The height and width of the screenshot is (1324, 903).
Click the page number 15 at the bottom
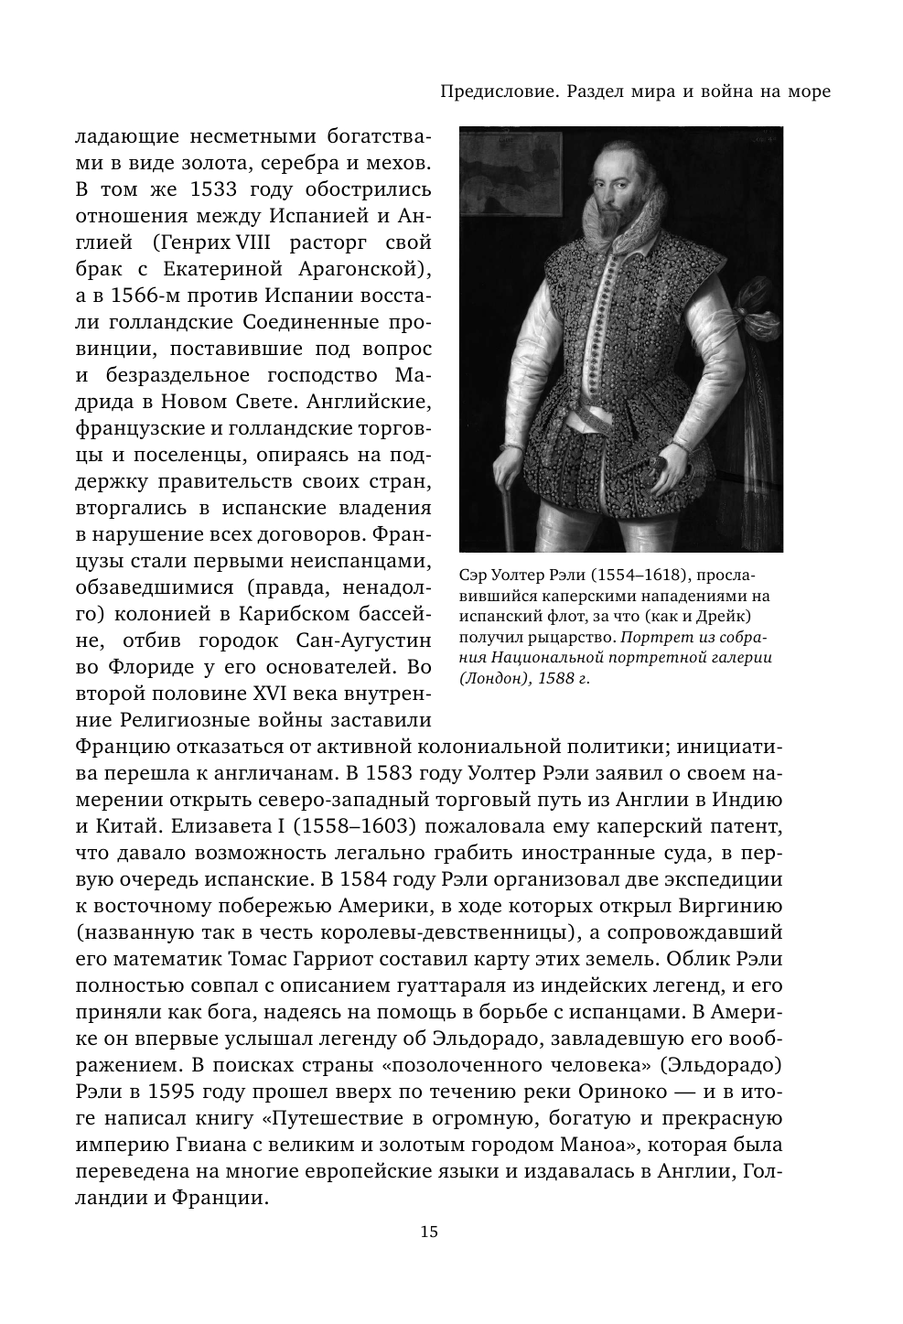[x=429, y=1231]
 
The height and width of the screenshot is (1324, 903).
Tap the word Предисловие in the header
[x=495, y=91]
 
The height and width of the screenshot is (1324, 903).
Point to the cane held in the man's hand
[x=505, y=494]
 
